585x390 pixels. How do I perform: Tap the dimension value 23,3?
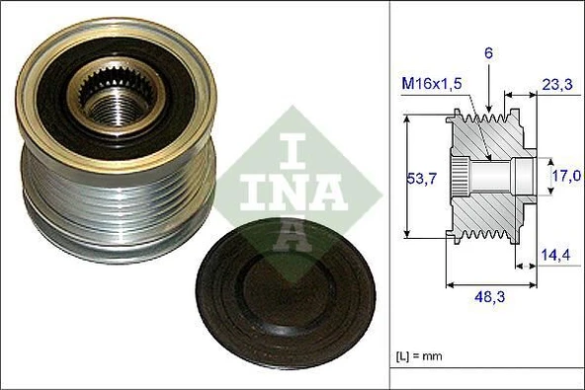[555, 86]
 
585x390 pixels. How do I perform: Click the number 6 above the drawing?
[488, 51]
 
